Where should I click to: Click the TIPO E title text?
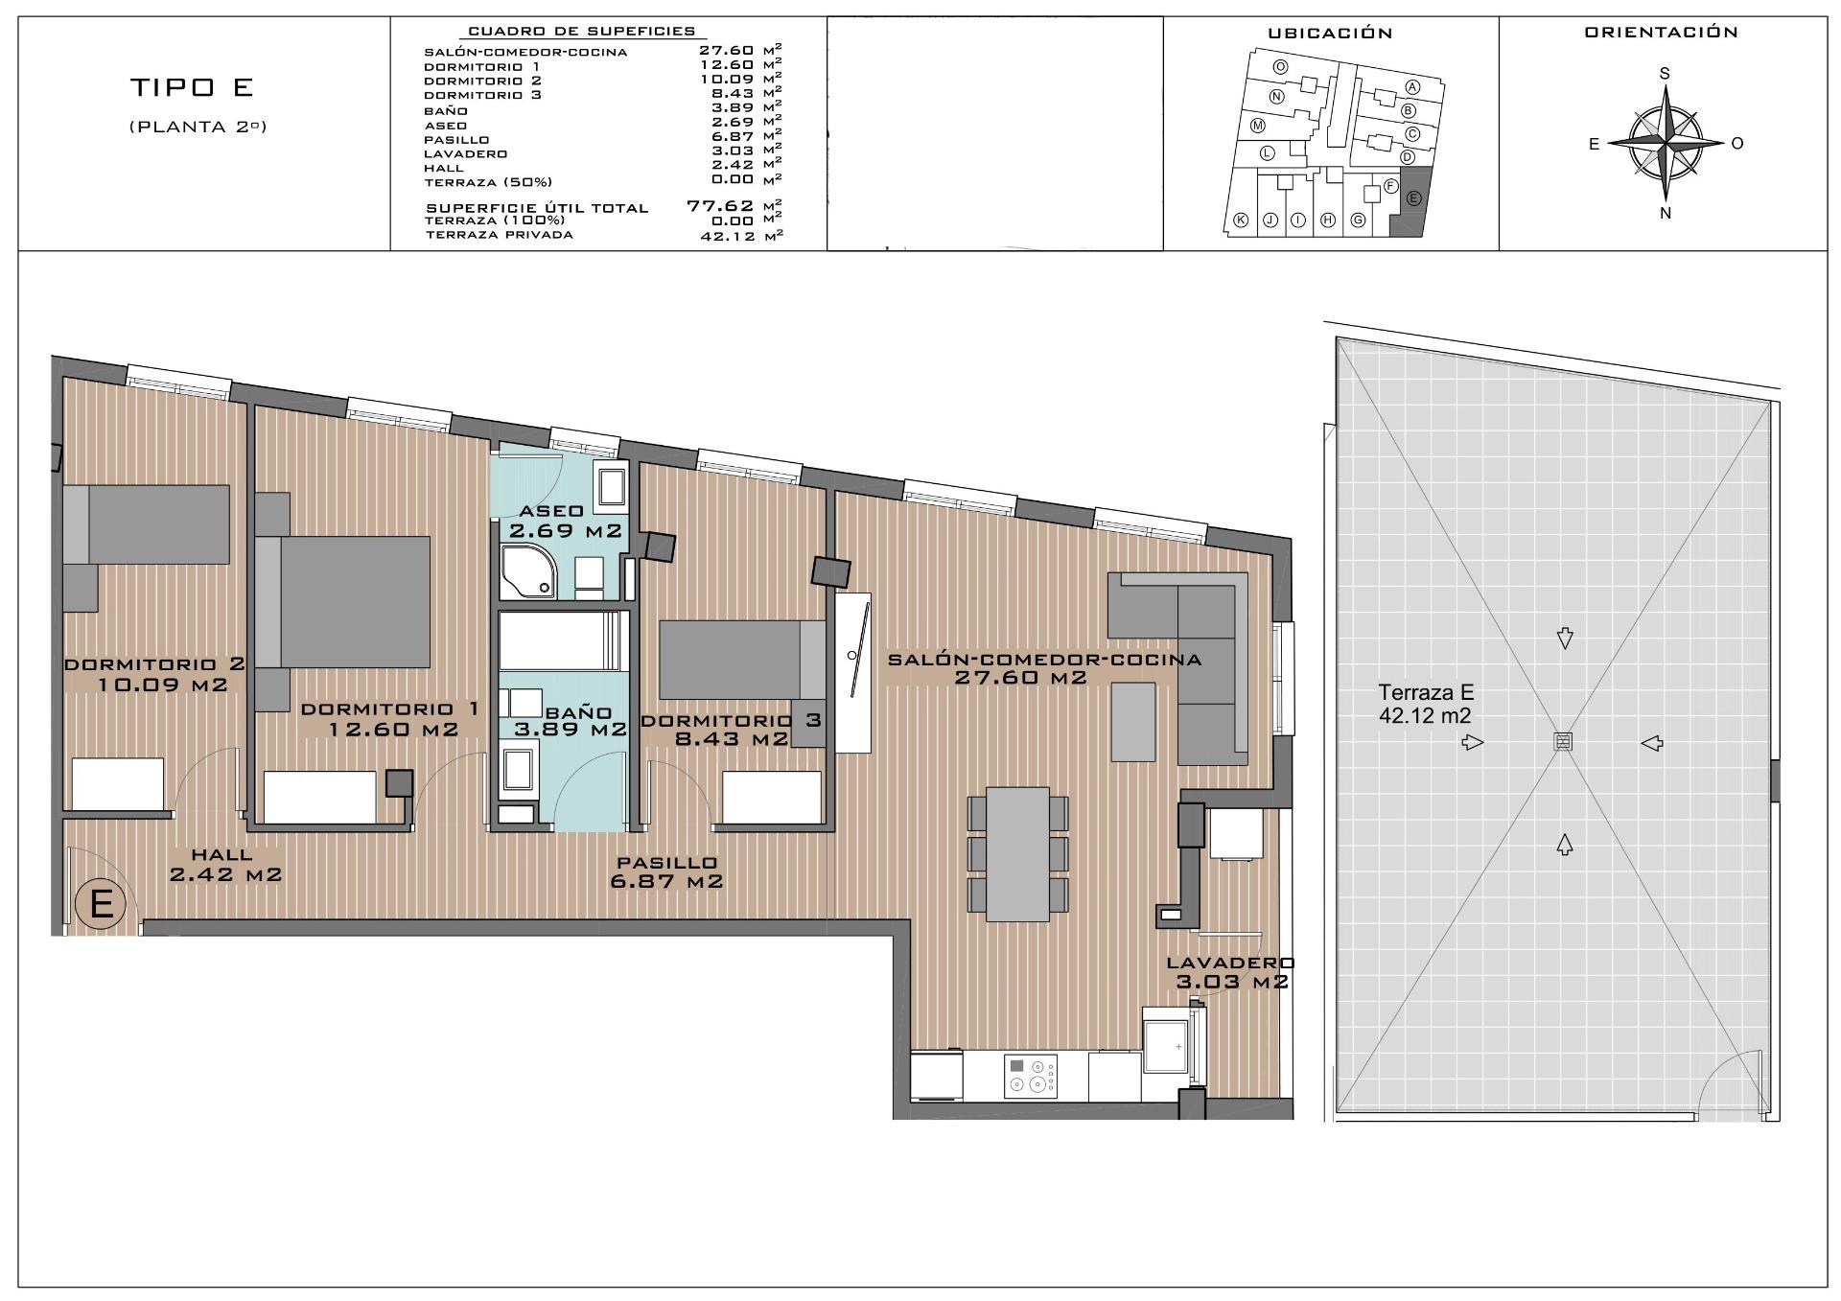point(191,87)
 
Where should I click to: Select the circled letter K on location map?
point(1240,221)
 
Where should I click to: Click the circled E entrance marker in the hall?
point(101,903)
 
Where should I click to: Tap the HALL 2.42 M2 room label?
point(224,864)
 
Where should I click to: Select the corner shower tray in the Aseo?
point(526,571)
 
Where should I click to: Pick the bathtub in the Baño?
point(562,641)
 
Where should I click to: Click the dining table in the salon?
point(1018,853)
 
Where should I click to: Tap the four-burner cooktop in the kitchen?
point(1031,1075)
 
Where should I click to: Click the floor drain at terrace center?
point(1563,741)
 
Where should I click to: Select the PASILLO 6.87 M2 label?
point(666,872)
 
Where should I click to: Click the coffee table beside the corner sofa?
point(1134,721)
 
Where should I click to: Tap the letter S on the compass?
point(1665,74)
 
